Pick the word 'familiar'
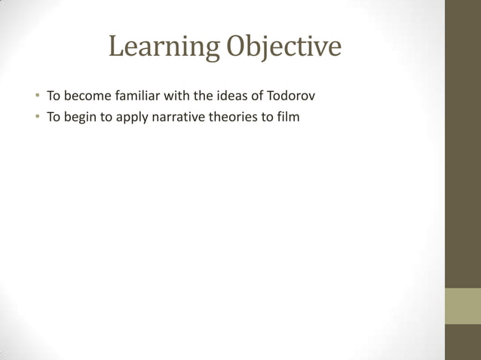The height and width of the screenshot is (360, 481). [142, 96]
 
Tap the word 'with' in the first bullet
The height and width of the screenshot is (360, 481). [186, 96]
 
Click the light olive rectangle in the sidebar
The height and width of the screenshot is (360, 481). [463, 306]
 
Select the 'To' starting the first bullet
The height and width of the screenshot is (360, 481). [54, 96]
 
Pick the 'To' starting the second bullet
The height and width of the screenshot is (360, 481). [54, 117]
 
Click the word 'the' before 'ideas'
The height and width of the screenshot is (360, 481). [211, 96]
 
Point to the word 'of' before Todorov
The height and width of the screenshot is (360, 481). [261, 96]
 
